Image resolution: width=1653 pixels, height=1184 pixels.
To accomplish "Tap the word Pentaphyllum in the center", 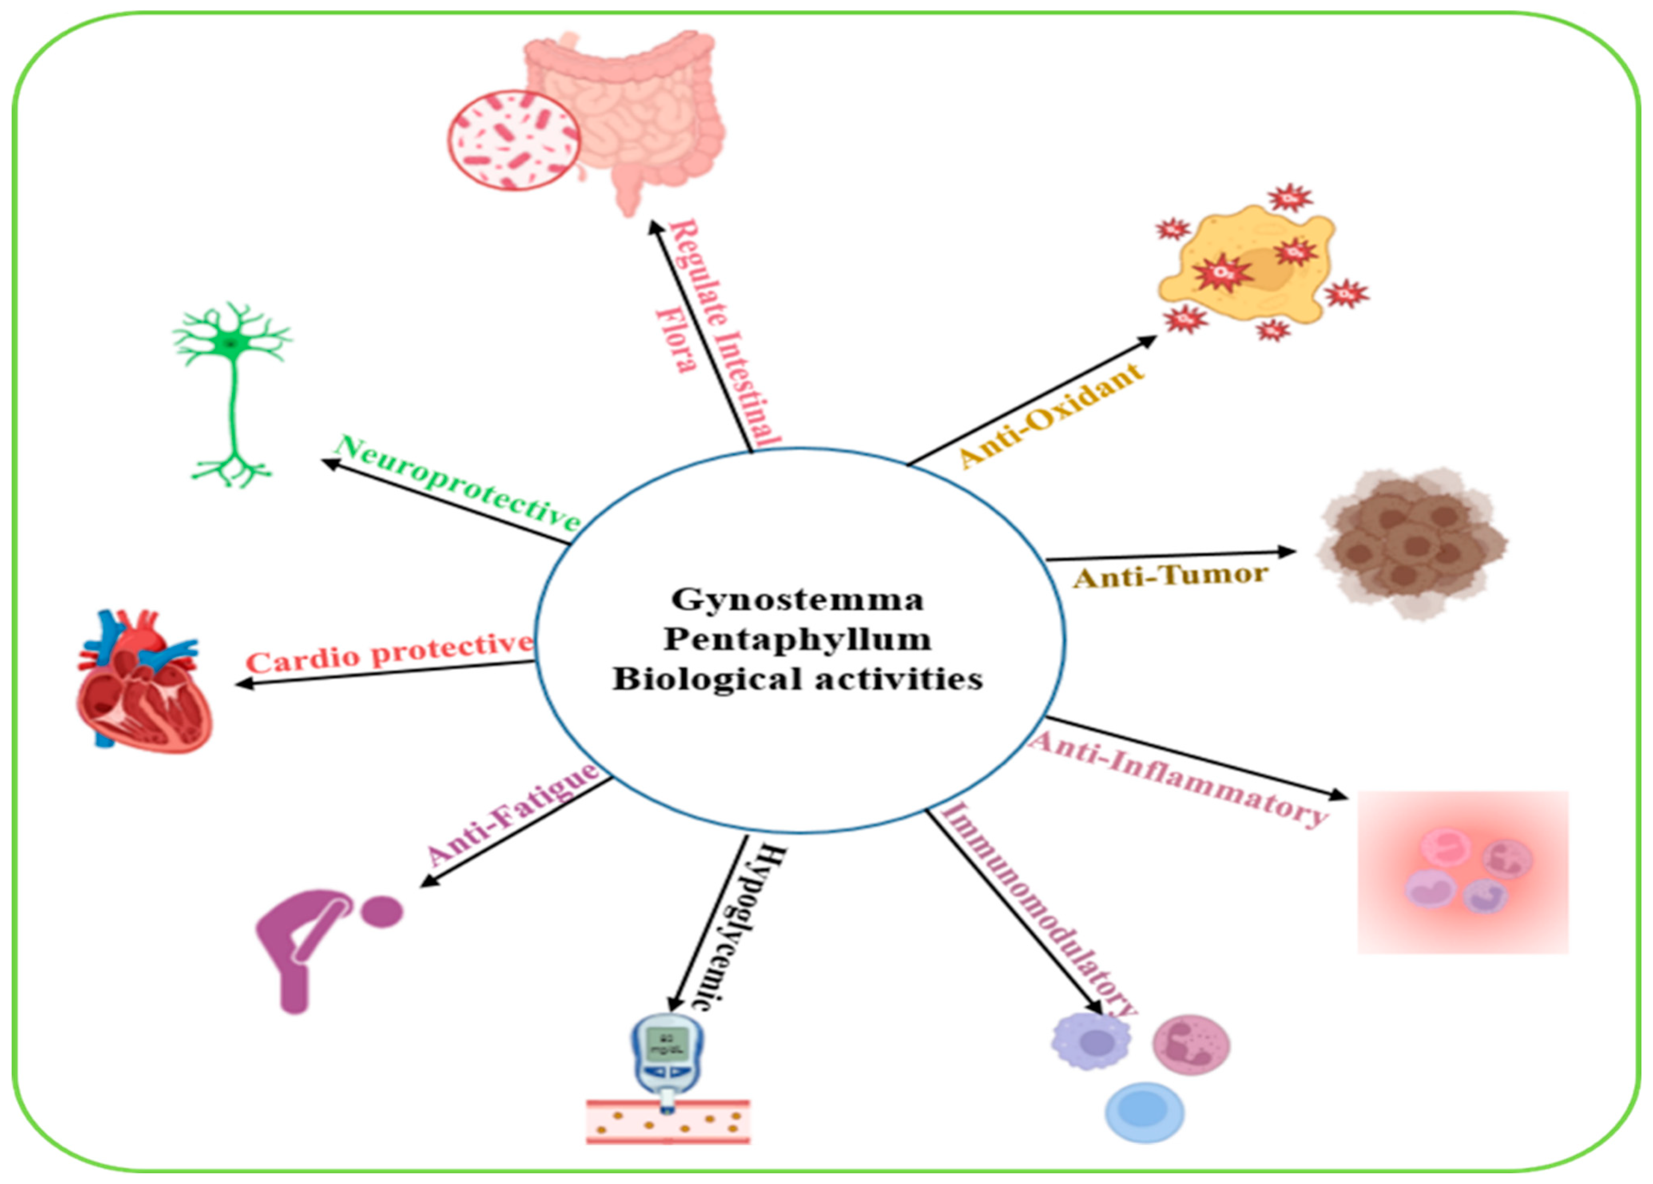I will point(797,640).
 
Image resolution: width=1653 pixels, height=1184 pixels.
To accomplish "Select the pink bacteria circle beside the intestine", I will point(514,140).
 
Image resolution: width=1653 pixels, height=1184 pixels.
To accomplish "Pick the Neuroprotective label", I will point(458,483).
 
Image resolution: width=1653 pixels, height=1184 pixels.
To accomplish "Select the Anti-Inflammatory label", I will point(1177,780).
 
